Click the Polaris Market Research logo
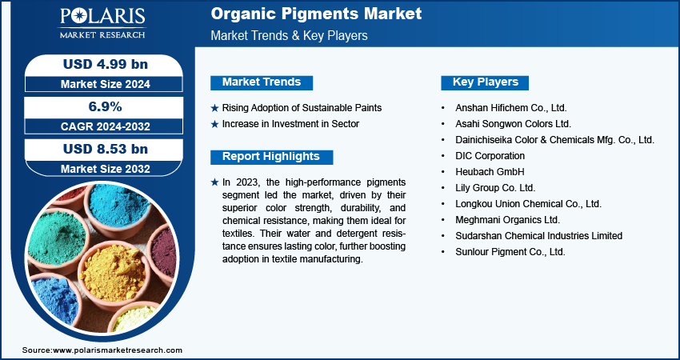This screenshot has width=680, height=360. (x=102, y=23)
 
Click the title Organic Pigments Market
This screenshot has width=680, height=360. (x=316, y=14)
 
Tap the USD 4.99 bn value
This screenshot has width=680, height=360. (x=106, y=64)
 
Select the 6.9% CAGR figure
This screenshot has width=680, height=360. (x=105, y=106)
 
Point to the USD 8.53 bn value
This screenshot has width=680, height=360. (x=106, y=149)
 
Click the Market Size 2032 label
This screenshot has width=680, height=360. (x=106, y=169)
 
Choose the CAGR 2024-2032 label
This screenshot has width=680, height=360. (x=106, y=126)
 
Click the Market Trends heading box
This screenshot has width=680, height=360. (x=262, y=82)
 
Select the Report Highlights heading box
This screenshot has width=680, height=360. (x=271, y=157)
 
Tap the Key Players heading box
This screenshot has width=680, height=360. (x=485, y=82)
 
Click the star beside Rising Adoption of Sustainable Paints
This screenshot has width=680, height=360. (x=214, y=108)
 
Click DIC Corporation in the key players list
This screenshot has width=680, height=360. (x=490, y=156)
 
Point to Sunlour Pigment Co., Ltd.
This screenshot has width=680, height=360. (x=510, y=251)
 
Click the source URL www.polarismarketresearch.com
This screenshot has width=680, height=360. (x=118, y=350)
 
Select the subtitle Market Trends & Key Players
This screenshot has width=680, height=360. (x=290, y=35)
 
